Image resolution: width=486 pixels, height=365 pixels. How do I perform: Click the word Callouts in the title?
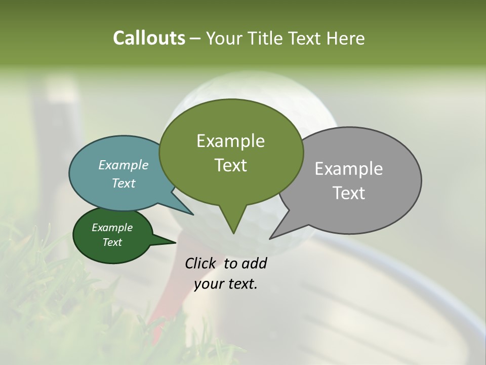[149, 38]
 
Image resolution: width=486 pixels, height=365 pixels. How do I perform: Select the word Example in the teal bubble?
[124, 165]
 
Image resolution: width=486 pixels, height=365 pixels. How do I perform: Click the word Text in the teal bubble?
[124, 183]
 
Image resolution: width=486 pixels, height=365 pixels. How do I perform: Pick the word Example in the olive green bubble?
[230, 141]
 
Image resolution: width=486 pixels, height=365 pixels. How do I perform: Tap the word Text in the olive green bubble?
[230, 165]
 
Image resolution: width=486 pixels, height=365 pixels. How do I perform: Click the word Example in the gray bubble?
[349, 168]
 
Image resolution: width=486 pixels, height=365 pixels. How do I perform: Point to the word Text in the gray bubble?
[349, 193]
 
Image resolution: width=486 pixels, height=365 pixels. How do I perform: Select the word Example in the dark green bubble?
[112, 228]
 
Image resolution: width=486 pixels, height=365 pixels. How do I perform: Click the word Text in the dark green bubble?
[112, 242]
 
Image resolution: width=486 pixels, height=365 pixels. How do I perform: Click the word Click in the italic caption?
[200, 263]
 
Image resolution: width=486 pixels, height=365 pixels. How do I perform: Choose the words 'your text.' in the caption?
[226, 284]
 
